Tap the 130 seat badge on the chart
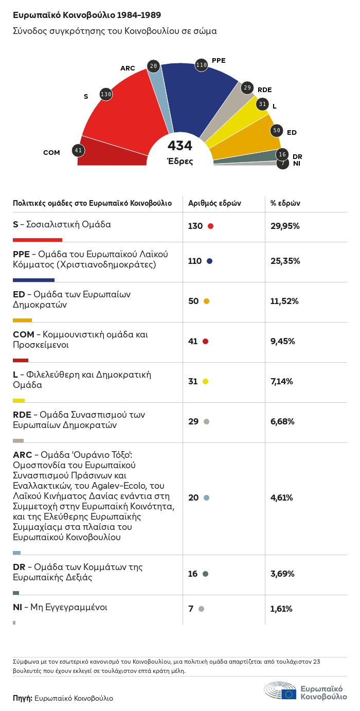tap(106, 94)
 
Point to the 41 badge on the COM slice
tap(78, 150)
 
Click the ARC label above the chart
tap(128, 68)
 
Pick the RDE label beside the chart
tap(264, 90)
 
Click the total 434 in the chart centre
tap(180, 146)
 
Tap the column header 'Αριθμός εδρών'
tap(214, 203)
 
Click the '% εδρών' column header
tap(285, 203)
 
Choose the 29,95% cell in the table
tap(285, 226)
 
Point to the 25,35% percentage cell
tap(285, 261)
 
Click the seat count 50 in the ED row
tap(193, 301)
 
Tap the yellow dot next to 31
tap(206, 382)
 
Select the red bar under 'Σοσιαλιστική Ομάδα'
tap(38, 240)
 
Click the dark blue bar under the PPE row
tap(33, 280)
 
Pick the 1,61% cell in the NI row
tap(281, 609)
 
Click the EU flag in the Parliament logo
tap(289, 694)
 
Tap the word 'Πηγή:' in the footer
tap(23, 698)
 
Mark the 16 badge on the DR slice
tap(282, 154)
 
